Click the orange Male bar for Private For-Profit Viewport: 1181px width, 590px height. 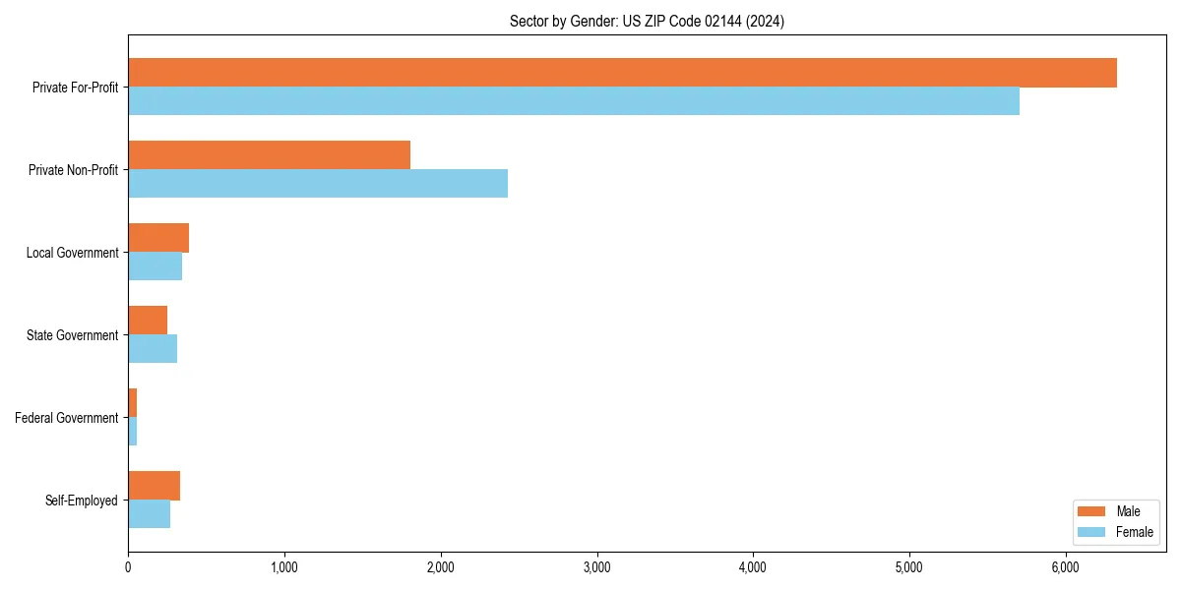pyautogui.click(x=622, y=73)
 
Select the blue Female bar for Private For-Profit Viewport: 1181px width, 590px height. pyautogui.click(x=574, y=101)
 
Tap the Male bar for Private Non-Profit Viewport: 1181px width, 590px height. pyautogui.click(x=269, y=155)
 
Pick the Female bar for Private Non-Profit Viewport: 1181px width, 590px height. pyautogui.click(x=318, y=184)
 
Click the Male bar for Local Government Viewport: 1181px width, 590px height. pyautogui.click(x=158, y=238)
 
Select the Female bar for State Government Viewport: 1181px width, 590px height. pyautogui.click(x=153, y=349)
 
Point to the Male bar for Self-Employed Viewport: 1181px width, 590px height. pyautogui.click(x=154, y=486)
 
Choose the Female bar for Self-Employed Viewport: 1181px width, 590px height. pyautogui.click(x=149, y=514)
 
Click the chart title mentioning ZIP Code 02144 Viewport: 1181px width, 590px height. pyautogui.click(x=647, y=21)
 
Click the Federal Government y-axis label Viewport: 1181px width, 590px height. pyautogui.click(x=67, y=418)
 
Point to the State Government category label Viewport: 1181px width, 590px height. pyautogui.click(x=73, y=335)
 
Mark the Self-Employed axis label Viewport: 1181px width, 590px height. pyautogui.click(x=82, y=501)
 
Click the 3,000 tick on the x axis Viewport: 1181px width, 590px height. pyautogui.click(x=596, y=567)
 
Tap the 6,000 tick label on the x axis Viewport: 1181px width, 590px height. pyautogui.click(x=1066, y=567)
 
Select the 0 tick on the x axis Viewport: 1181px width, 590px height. pyautogui.click(x=128, y=567)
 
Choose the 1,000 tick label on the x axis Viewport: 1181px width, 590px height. pyautogui.click(x=284, y=567)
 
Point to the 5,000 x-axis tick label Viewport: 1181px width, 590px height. pyautogui.click(x=909, y=567)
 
